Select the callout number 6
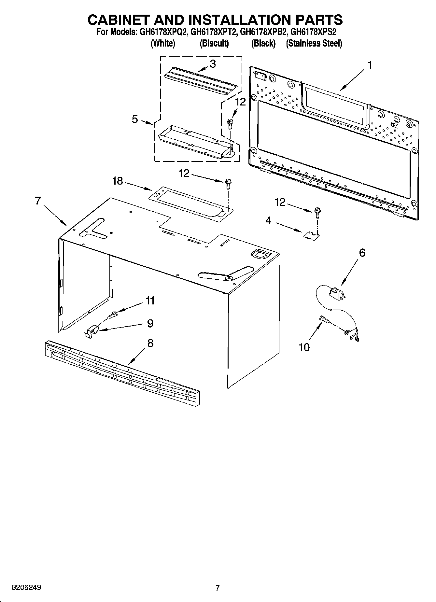pyautogui.click(x=362, y=253)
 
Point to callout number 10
pyautogui.click(x=304, y=347)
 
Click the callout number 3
pyautogui.click(x=212, y=64)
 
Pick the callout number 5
pyautogui.click(x=135, y=119)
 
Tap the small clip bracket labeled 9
pyautogui.click(x=92, y=331)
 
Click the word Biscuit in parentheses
pyautogui.click(x=214, y=43)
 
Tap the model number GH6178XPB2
pyautogui.click(x=263, y=33)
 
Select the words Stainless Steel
pyautogui.click(x=314, y=43)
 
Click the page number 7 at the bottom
pyautogui.click(x=218, y=588)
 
